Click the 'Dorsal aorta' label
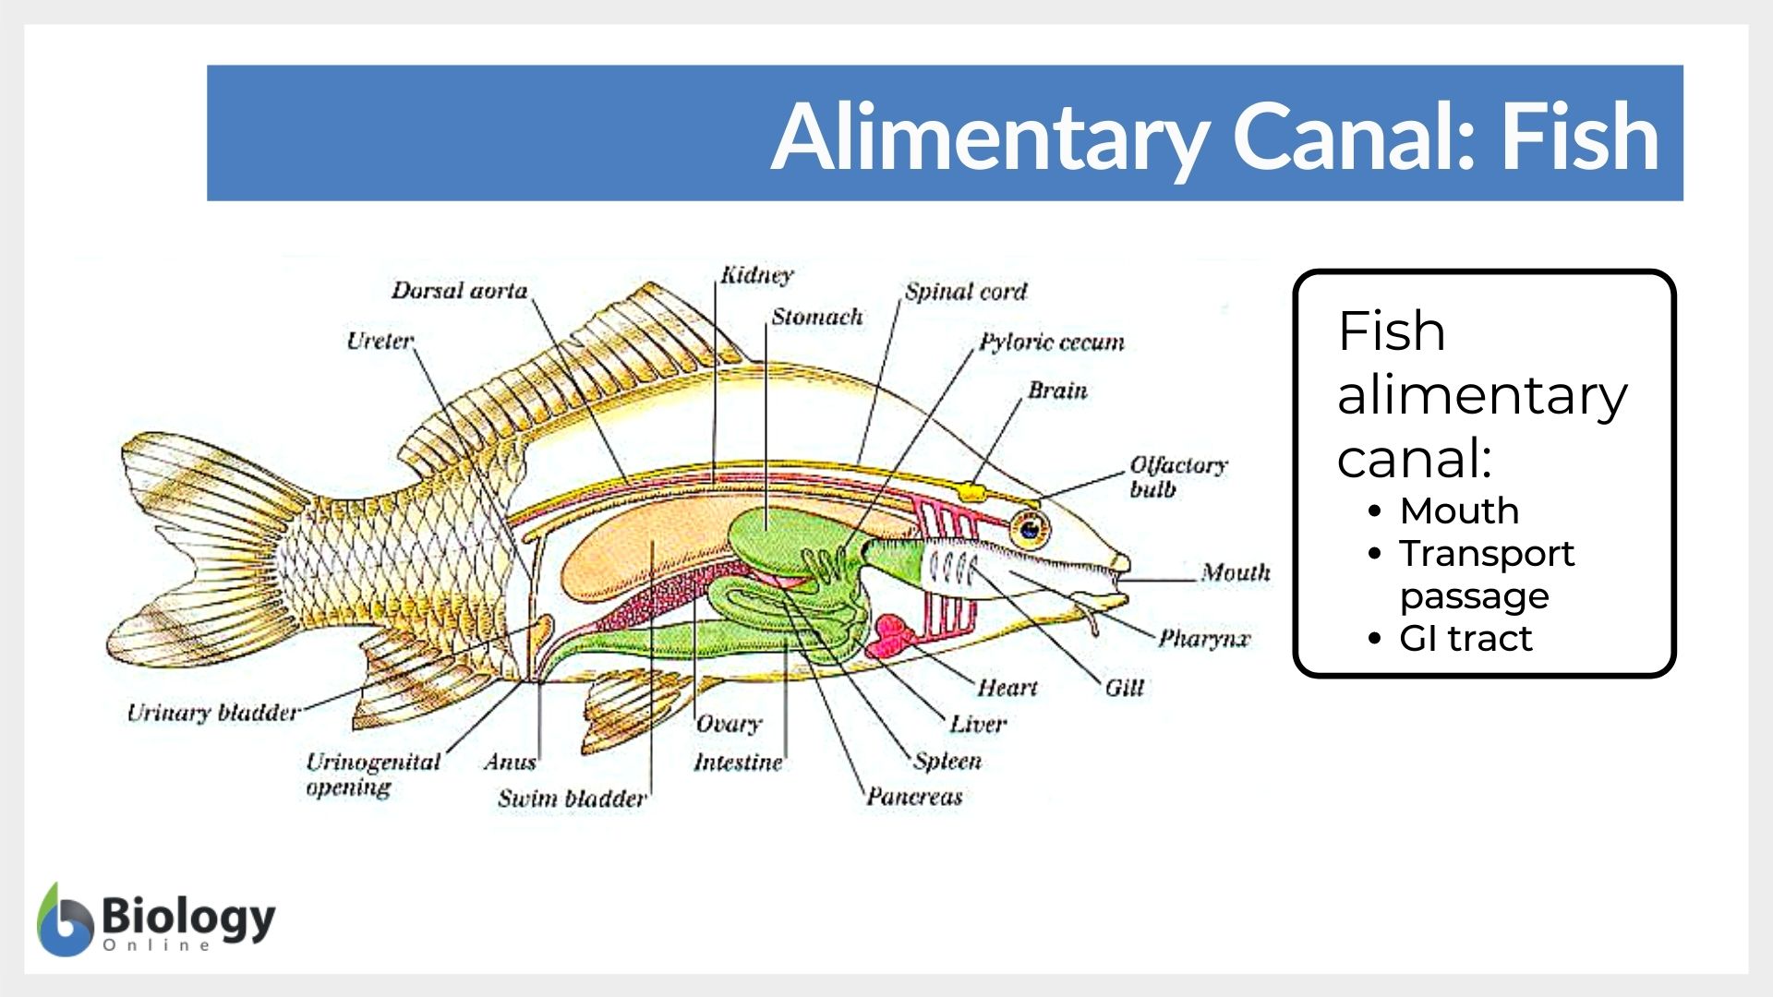pos(459,291)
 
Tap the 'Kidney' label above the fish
pos(757,275)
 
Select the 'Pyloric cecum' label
pos(1052,342)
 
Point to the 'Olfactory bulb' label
pos(1177,476)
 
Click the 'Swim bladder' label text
pos(572,799)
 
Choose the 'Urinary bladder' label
pos(213,713)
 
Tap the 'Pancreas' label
pos(914,797)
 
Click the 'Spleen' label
pos(947,761)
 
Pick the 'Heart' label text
pos(1007,688)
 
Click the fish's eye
pos(1029,529)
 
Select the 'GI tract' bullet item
pos(1465,638)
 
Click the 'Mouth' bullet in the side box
pos(1459,511)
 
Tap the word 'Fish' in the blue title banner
pos(1579,137)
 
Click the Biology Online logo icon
pos(65,920)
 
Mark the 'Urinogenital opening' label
pos(372,774)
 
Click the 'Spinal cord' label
pos(965,292)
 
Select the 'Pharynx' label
pos(1204,638)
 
